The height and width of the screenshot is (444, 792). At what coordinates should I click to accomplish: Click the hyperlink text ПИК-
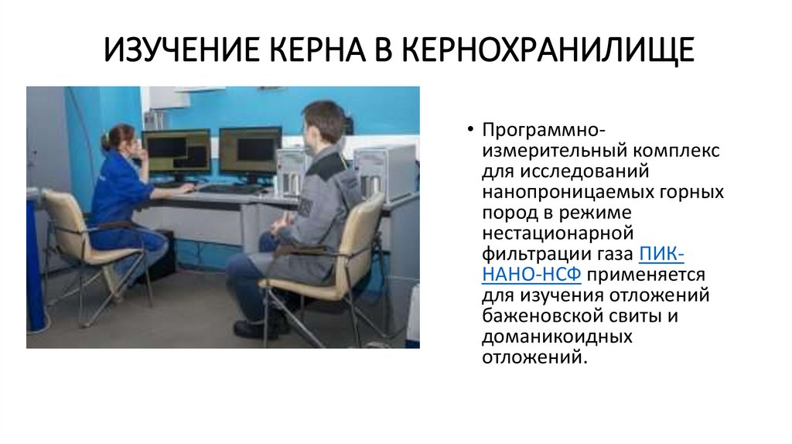click(x=661, y=253)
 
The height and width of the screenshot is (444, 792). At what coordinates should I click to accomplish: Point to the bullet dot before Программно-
click(x=470, y=128)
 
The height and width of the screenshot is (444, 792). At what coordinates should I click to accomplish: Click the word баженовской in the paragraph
click(x=533, y=316)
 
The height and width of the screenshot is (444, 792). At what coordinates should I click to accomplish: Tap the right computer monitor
click(x=250, y=150)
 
